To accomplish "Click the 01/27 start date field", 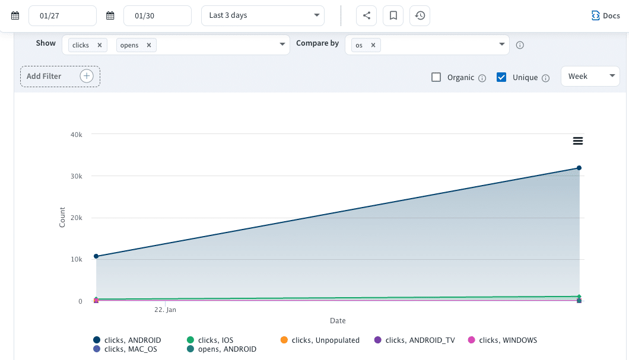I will tap(62, 16).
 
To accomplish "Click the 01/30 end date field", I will tap(157, 16).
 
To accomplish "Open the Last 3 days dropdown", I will tap(263, 15).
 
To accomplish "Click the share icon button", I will tap(366, 16).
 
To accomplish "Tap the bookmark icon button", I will tap(393, 16).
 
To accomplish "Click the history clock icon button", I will tap(420, 16).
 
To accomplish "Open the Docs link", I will tap(606, 16).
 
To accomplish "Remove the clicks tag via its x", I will tap(99, 45).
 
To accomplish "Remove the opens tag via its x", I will tap(148, 45).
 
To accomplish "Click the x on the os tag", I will tap(373, 45).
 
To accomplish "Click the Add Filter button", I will tap(60, 77).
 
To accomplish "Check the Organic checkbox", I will tap(436, 77).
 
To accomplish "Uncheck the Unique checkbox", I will tap(501, 77).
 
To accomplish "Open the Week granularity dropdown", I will tap(590, 76).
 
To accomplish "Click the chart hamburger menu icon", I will tap(577, 141).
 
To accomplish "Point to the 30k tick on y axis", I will tap(76, 176).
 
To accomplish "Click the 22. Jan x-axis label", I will tap(165, 310).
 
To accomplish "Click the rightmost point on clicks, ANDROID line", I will tap(579, 168).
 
